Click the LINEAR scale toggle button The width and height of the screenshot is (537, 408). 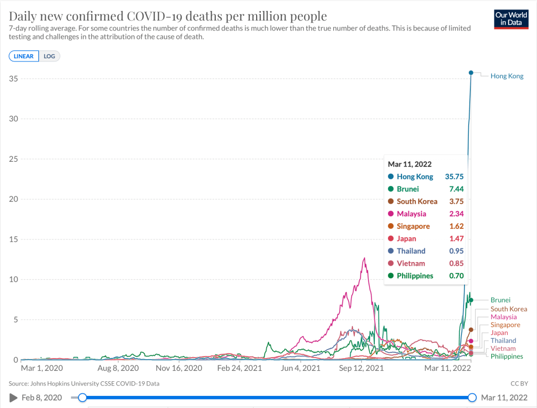(x=24, y=56)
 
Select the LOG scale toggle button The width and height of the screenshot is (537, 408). (x=49, y=56)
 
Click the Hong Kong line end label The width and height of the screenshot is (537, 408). (x=507, y=76)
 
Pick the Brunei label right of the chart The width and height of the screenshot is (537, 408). (x=500, y=300)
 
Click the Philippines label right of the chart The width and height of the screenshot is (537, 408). (x=507, y=357)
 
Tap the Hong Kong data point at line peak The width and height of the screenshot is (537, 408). (x=471, y=72)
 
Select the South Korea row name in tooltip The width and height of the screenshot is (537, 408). (x=417, y=202)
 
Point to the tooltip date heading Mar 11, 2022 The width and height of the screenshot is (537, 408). (x=409, y=164)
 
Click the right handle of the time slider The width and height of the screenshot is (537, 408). (x=472, y=397)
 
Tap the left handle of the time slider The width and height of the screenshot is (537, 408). (x=82, y=397)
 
